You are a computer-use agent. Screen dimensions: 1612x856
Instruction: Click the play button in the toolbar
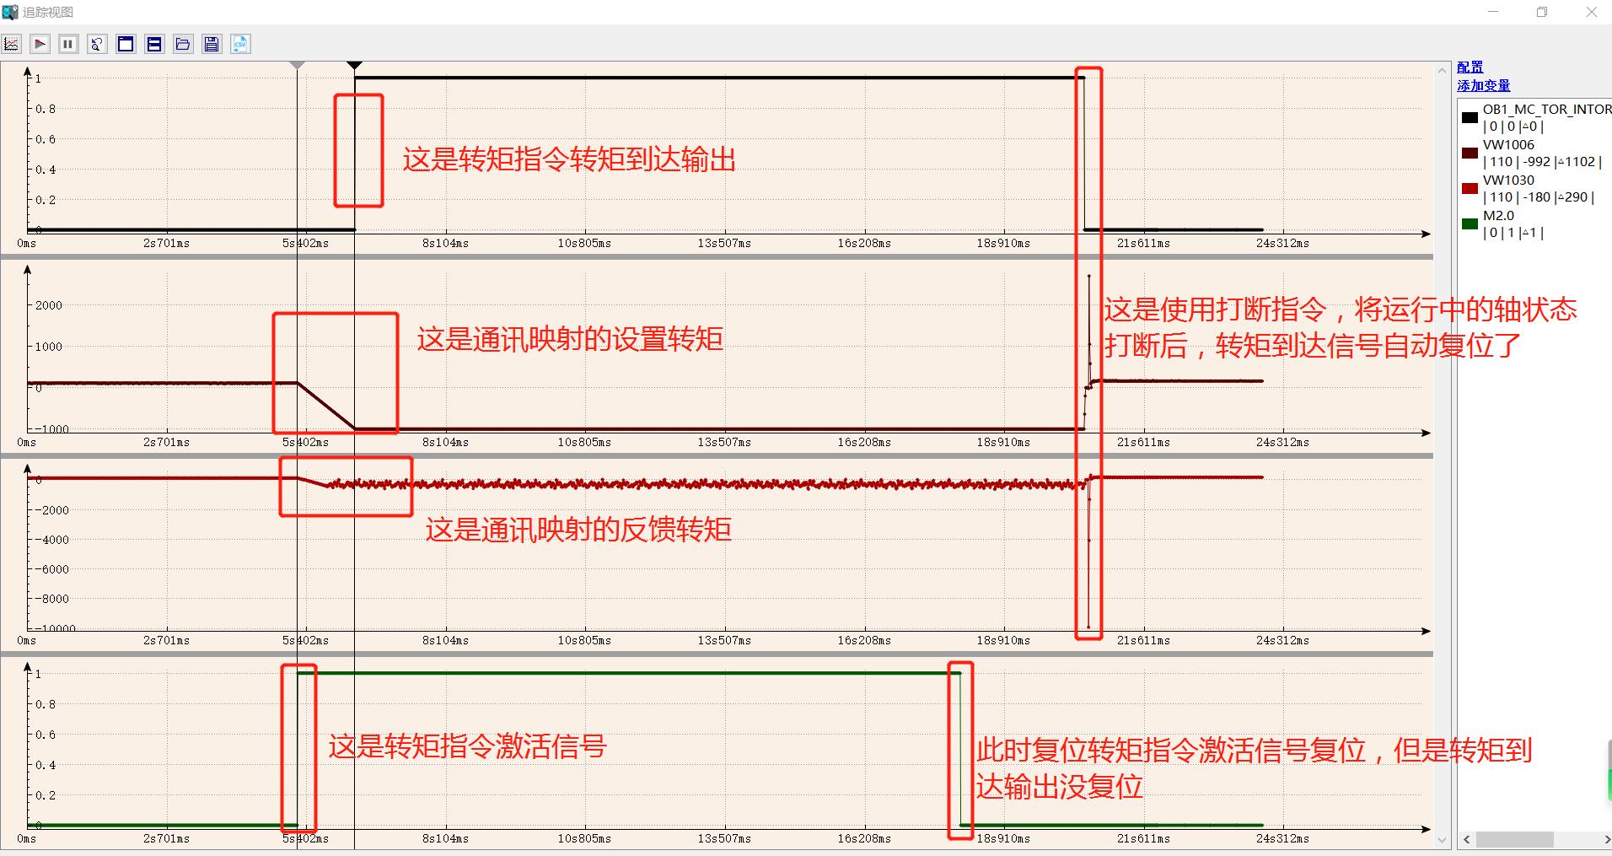pyautogui.click(x=40, y=44)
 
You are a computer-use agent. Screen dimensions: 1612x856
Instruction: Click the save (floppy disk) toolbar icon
pyautogui.click(x=212, y=44)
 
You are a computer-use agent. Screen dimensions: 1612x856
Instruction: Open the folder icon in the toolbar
pyautogui.click(x=183, y=44)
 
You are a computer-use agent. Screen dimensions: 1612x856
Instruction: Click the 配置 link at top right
pyautogui.click(x=1470, y=67)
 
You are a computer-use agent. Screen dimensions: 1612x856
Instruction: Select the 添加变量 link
pyautogui.click(x=1483, y=86)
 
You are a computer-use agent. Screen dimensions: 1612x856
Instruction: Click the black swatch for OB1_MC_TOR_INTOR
pyautogui.click(x=1470, y=117)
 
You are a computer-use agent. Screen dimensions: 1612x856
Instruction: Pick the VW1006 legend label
pyautogui.click(x=1508, y=145)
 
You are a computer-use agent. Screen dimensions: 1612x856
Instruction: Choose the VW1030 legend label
pyautogui.click(x=1508, y=180)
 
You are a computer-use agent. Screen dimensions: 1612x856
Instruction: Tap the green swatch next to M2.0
pyautogui.click(x=1470, y=223)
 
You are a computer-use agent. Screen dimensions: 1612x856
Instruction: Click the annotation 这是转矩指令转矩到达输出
pyautogui.click(x=569, y=159)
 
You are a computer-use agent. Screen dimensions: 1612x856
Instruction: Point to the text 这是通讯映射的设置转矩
pyautogui.click(x=570, y=339)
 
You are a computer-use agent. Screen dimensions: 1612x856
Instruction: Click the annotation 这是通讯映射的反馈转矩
pyautogui.click(x=578, y=530)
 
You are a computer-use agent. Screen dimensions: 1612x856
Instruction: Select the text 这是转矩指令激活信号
pyautogui.click(x=467, y=746)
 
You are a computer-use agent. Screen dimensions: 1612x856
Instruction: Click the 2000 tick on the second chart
pyautogui.click(x=49, y=305)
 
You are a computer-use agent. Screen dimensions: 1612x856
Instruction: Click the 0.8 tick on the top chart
pyautogui.click(x=46, y=109)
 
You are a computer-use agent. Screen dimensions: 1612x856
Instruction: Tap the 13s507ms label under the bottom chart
pyautogui.click(x=724, y=839)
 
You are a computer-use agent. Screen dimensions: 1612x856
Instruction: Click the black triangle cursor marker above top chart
pyautogui.click(x=355, y=65)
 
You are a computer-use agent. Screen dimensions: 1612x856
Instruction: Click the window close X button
pyautogui.click(x=1592, y=12)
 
